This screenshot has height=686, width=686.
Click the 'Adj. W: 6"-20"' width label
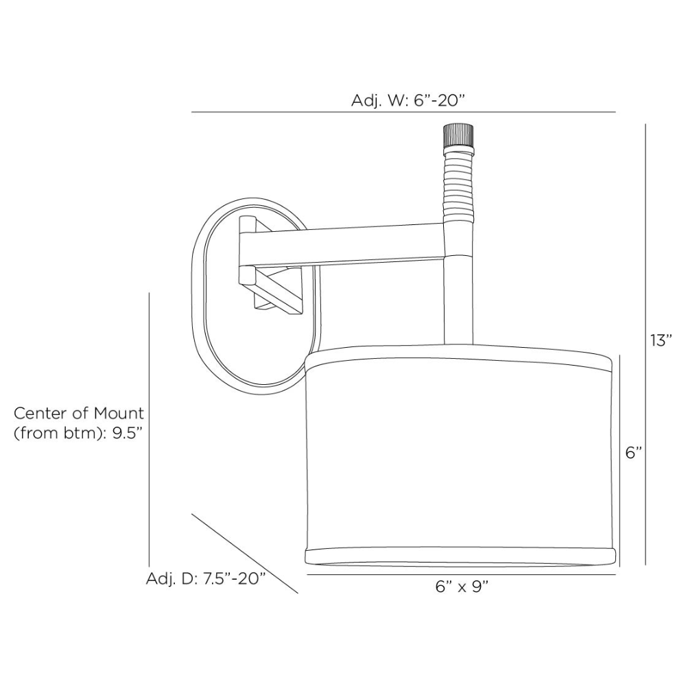[408, 100]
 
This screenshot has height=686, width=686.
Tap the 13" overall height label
[661, 340]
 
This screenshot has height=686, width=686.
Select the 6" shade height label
[633, 453]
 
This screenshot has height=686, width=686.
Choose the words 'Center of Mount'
[80, 414]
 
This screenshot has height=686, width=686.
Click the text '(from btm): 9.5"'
[80, 434]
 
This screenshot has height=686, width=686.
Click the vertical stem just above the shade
[458, 302]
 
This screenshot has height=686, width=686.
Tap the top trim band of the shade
[458, 362]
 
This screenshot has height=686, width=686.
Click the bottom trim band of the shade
[458, 554]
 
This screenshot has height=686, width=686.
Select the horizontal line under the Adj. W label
[403, 112]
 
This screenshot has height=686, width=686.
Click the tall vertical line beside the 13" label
[646, 343]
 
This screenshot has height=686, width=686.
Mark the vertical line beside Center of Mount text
[150, 425]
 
